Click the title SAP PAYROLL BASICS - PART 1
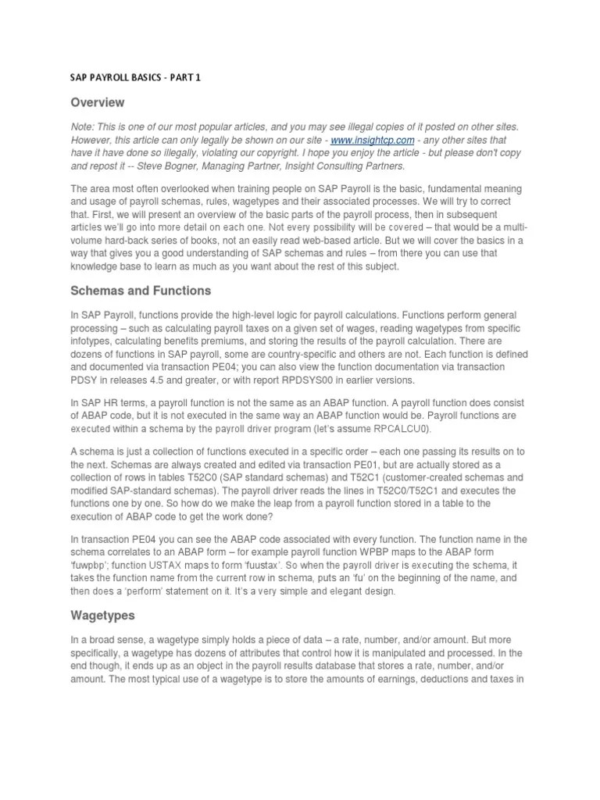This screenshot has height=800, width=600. click(136, 78)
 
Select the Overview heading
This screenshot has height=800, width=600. click(98, 102)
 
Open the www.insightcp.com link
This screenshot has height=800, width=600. click(360, 140)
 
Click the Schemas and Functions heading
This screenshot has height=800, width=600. click(141, 291)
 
